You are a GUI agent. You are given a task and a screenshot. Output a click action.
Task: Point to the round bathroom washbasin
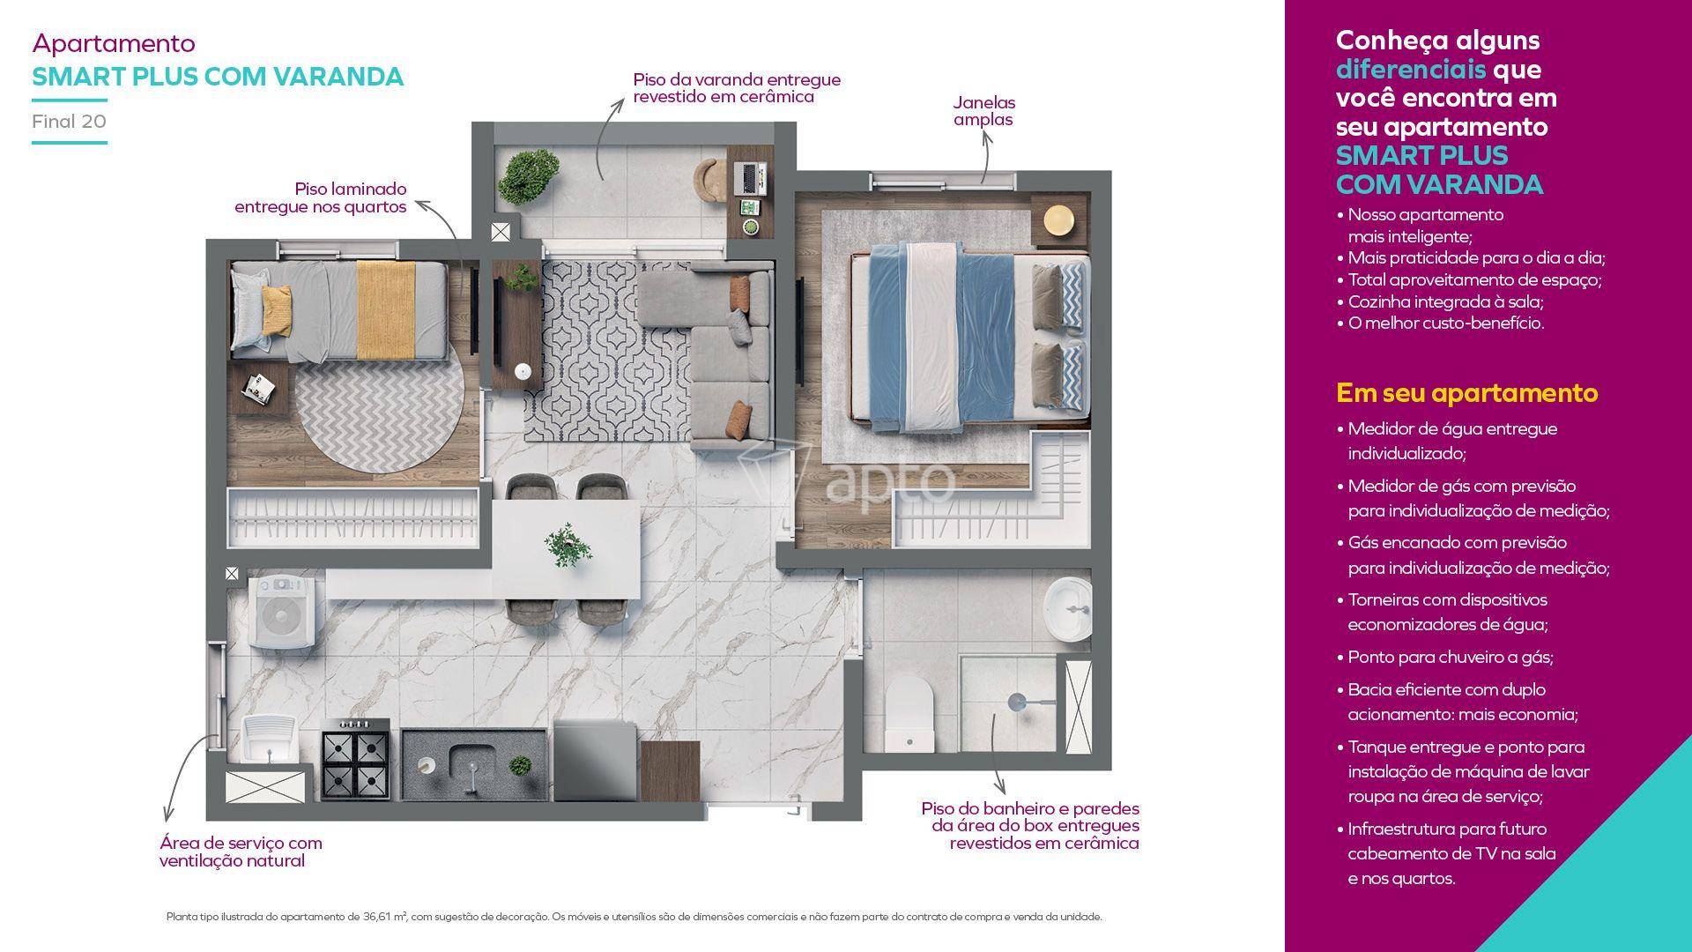[x=1067, y=609]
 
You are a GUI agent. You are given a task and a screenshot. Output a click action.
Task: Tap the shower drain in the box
[x=1016, y=702]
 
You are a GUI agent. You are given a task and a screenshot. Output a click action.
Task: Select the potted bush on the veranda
[x=529, y=175]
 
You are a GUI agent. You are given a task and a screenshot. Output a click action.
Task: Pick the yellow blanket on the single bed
[x=386, y=304]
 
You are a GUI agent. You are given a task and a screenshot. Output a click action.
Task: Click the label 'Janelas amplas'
[x=983, y=111]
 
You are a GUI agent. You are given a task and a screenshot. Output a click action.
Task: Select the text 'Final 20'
[x=69, y=122]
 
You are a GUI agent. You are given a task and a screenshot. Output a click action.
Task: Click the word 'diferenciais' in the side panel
[x=1411, y=69]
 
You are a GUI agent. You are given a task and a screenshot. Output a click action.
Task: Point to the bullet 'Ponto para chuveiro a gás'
[x=1451, y=657]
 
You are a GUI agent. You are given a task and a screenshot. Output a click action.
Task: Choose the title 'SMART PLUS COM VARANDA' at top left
[x=218, y=77]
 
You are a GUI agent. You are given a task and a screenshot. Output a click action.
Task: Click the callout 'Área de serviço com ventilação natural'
[x=241, y=852]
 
